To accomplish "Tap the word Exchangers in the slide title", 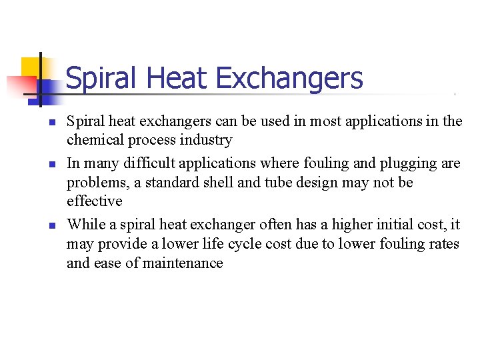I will click(289, 79).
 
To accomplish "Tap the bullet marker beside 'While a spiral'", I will click(51, 225).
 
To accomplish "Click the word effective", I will click(94, 201).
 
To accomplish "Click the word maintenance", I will click(181, 263).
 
